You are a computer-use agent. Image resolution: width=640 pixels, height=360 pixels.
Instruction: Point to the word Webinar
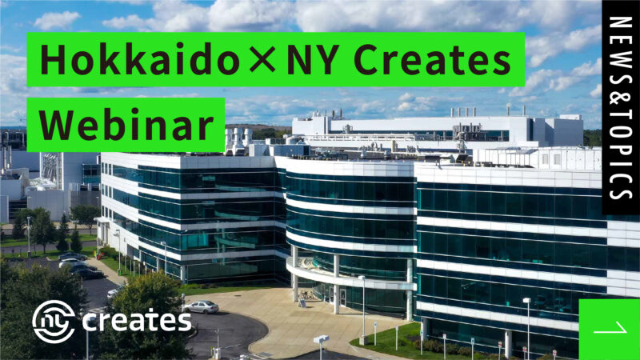(x=126, y=124)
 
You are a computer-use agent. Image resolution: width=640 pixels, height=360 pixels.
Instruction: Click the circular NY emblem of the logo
(x=54, y=321)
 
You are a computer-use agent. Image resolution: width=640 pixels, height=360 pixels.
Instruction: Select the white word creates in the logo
(x=136, y=322)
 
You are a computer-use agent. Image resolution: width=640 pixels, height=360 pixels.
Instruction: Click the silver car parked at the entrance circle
(x=200, y=306)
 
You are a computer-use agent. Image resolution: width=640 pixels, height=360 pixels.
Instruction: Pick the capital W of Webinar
(x=56, y=124)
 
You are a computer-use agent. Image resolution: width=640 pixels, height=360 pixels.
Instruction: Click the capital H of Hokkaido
(x=53, y=59)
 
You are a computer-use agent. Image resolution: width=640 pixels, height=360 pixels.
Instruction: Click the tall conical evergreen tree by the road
(x=62, y=232)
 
